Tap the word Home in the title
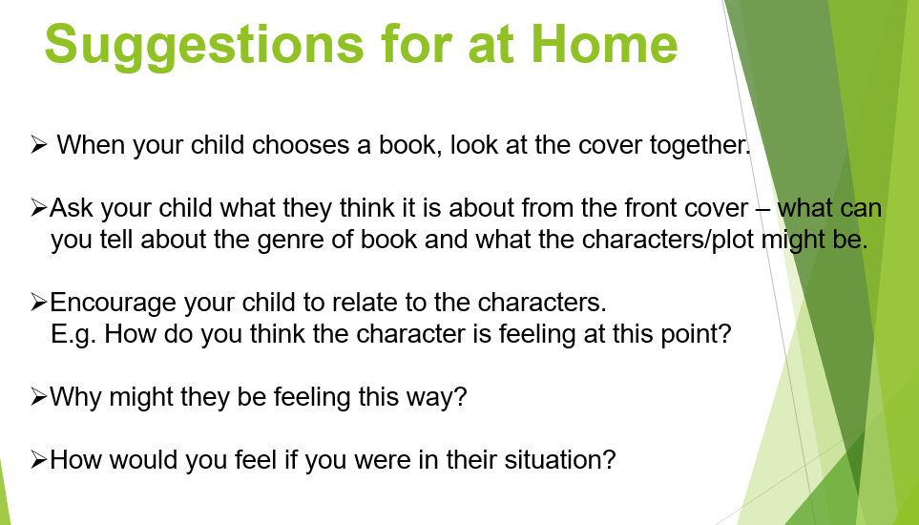click(604, 44)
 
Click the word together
click(700, 146)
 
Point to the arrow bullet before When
click(38, 145)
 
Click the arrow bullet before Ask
click(38, 208)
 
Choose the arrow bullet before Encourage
click(38, 303)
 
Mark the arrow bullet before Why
click(38, 398)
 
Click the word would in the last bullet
click(143, 460)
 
